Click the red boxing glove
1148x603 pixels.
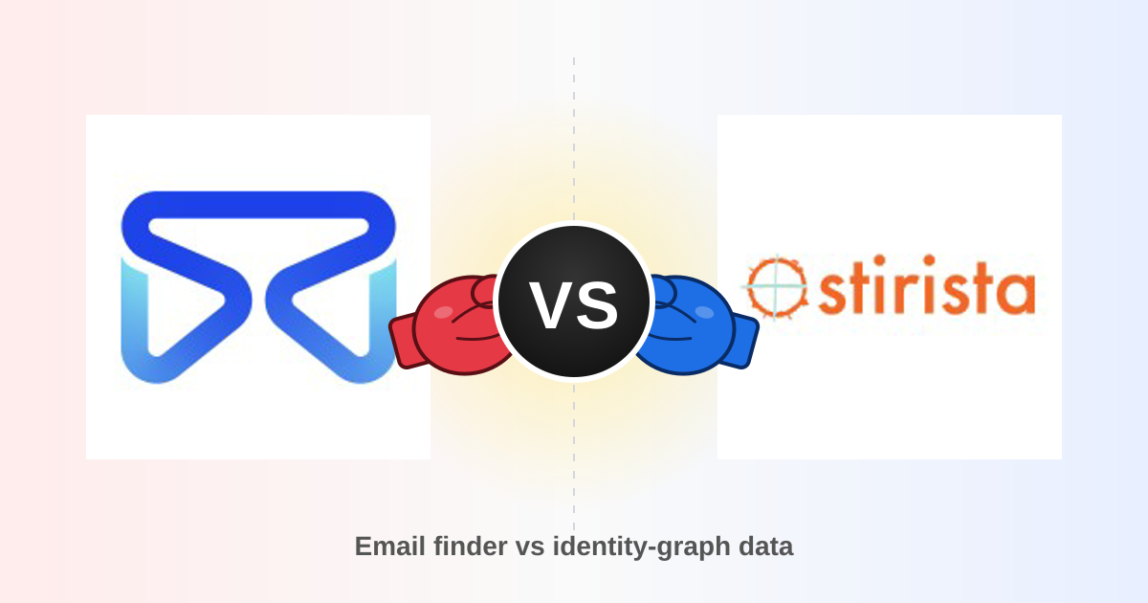[453, 325]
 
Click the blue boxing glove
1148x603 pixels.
[695, 325]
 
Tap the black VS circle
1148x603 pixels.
[574, 301]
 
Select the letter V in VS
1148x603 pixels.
[551, 304]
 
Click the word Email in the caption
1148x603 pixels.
[390, 547]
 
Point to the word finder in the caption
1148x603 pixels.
[471, 547]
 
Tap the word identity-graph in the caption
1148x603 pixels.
[641, 547]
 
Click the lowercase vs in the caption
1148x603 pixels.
[530, 548]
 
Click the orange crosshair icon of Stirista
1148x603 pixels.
[777, 287]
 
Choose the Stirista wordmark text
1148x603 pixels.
[927, 284]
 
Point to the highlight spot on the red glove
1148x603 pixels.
[443, 312]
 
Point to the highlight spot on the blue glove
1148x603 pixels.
[704, 312]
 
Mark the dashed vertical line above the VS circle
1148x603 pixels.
[574, 139]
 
